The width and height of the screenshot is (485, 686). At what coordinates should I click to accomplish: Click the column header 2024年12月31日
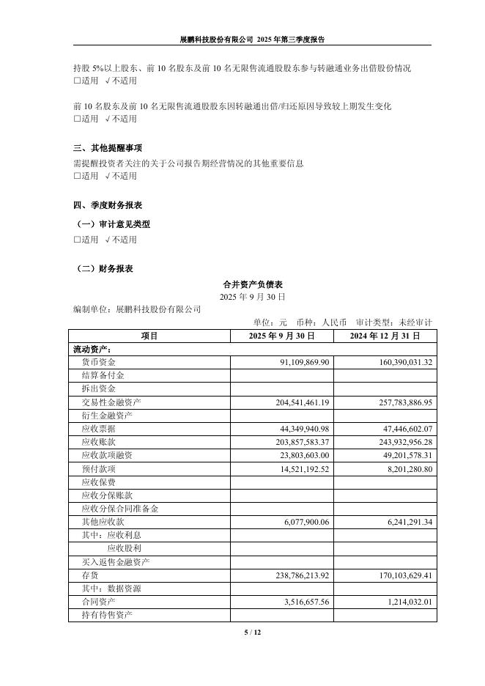pyautogui.click(x=385, y=336)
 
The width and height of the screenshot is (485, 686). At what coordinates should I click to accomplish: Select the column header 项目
pyautogui.click(x=149, y=336)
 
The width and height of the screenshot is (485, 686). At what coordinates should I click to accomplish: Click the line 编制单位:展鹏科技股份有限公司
pyautogui.click(x=137, y=310)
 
